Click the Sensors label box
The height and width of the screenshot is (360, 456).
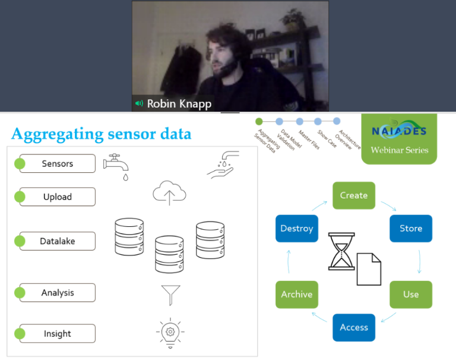58,163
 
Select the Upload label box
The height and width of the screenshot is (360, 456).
58,197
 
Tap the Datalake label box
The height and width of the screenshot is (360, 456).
58,241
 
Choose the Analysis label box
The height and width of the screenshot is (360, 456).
58,292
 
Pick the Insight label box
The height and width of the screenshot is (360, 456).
58,333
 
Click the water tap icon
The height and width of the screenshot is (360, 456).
116,166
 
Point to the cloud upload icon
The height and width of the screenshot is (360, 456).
169,193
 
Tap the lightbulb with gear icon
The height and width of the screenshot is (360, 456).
170,333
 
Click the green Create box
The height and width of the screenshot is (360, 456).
354,195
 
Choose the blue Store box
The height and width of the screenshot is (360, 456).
410,228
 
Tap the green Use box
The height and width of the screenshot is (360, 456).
410,294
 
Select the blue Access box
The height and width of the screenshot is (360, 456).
354,327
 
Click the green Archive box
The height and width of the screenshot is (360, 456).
296,294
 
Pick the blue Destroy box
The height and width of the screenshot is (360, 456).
296,228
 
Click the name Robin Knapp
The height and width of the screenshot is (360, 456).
179,103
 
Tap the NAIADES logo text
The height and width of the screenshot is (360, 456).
399,131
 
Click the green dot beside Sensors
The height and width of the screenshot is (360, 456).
20,163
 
